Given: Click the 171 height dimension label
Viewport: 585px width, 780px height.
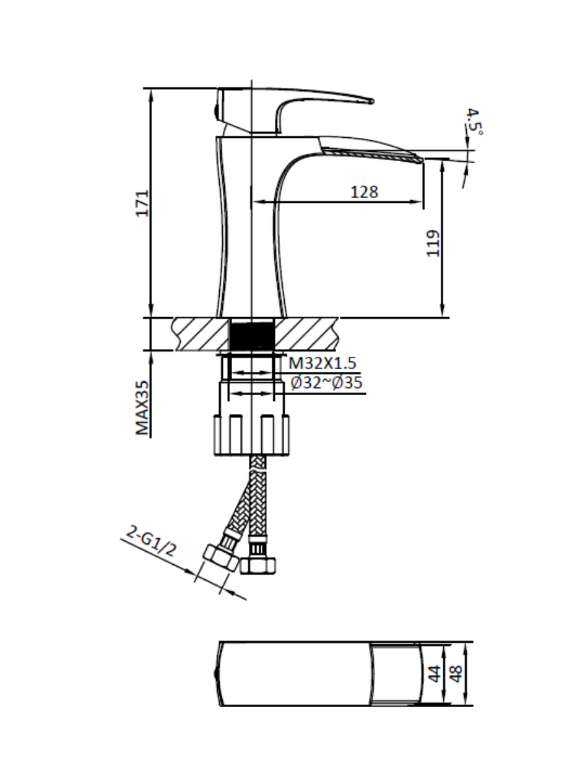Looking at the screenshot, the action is pyautogui.click(x=143, y=203).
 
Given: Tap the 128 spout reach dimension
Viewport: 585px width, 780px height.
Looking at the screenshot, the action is pyautogui.click(x=364, y=192).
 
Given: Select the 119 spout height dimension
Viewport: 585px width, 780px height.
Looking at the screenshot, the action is pyautogui.click(x=433, y=243).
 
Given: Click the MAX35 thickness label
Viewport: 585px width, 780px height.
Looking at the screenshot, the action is pyautogui.click(x=142, y=408).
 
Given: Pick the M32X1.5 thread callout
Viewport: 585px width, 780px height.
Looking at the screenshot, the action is pyautogui.click(x=322, y=363).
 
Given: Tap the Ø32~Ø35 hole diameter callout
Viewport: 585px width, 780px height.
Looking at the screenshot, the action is pyautogui.click(x=326, y=383).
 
